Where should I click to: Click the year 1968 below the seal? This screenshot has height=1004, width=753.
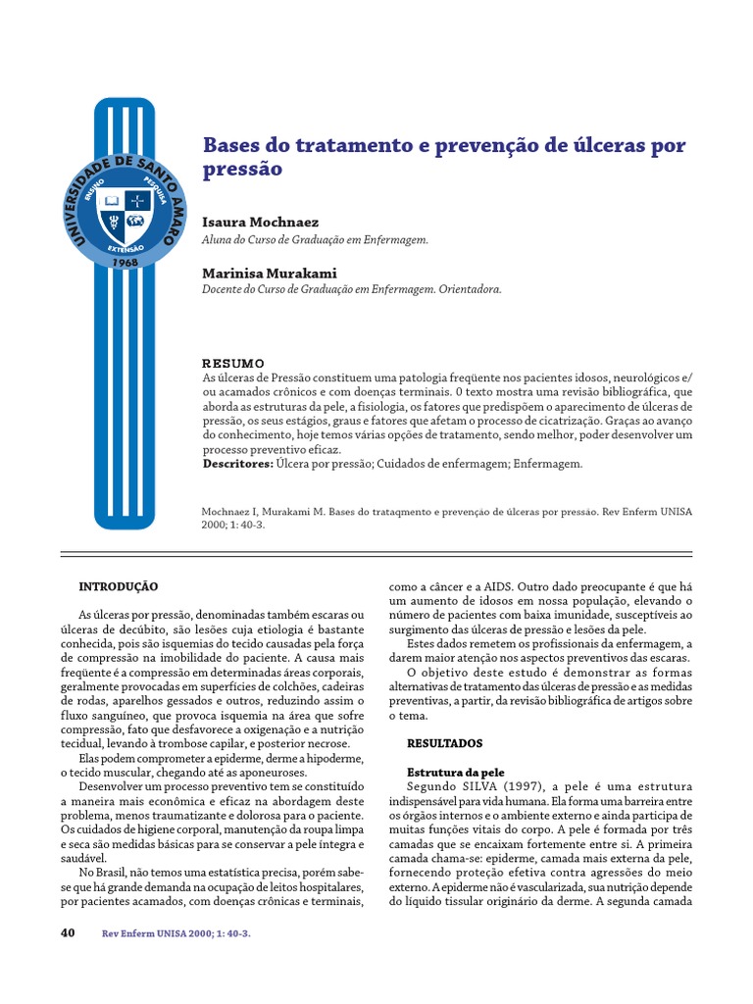click(x=125, y=263)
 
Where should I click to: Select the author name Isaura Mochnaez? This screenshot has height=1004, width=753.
click(x=260, y=223)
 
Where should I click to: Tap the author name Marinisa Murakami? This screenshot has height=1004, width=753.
click(x=269, y=273)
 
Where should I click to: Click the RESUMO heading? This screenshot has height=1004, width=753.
click(x=233, y=363)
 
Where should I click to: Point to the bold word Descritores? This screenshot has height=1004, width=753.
click(x=236, y=464)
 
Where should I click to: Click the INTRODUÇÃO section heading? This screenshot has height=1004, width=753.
click(x=118, y=586)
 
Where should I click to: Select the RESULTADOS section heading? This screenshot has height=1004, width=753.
click(x=444, y=744)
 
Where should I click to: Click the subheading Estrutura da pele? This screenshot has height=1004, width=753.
click(x=455, y=773)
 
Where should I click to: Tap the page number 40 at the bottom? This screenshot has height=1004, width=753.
click(x=68, y=932)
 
